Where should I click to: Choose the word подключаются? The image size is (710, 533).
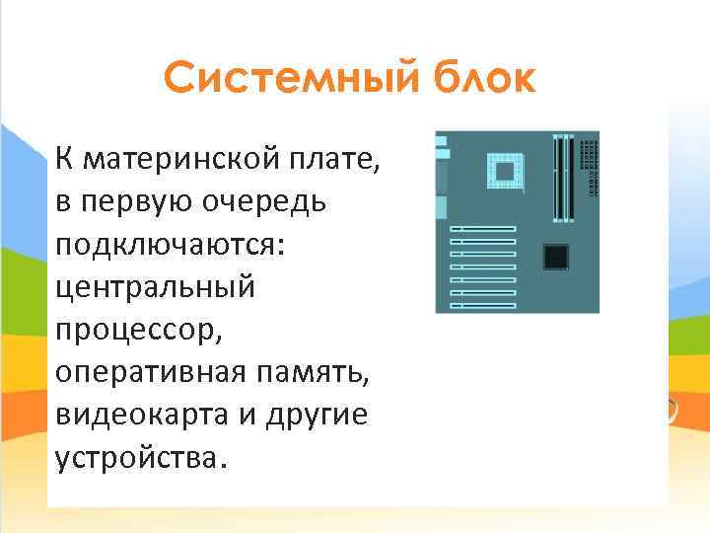(169, 244)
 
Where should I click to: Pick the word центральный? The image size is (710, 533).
(155, 286)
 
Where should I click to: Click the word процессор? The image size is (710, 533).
(139, 330)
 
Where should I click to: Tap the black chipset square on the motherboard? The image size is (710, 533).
(556, 257)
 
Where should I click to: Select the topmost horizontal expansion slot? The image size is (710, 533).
(484, 230)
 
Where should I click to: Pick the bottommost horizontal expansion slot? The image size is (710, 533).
(484, 302)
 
